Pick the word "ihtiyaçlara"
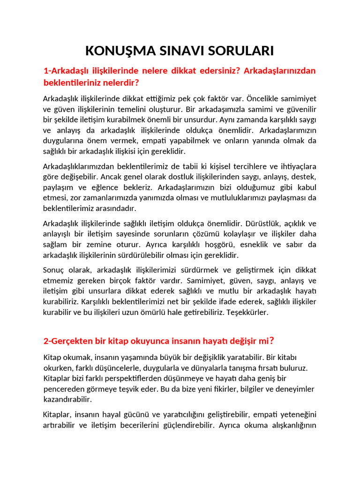click(x=297, y=166)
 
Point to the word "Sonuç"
click(x=54, y=270)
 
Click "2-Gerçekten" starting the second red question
click(x=67, y=340)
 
